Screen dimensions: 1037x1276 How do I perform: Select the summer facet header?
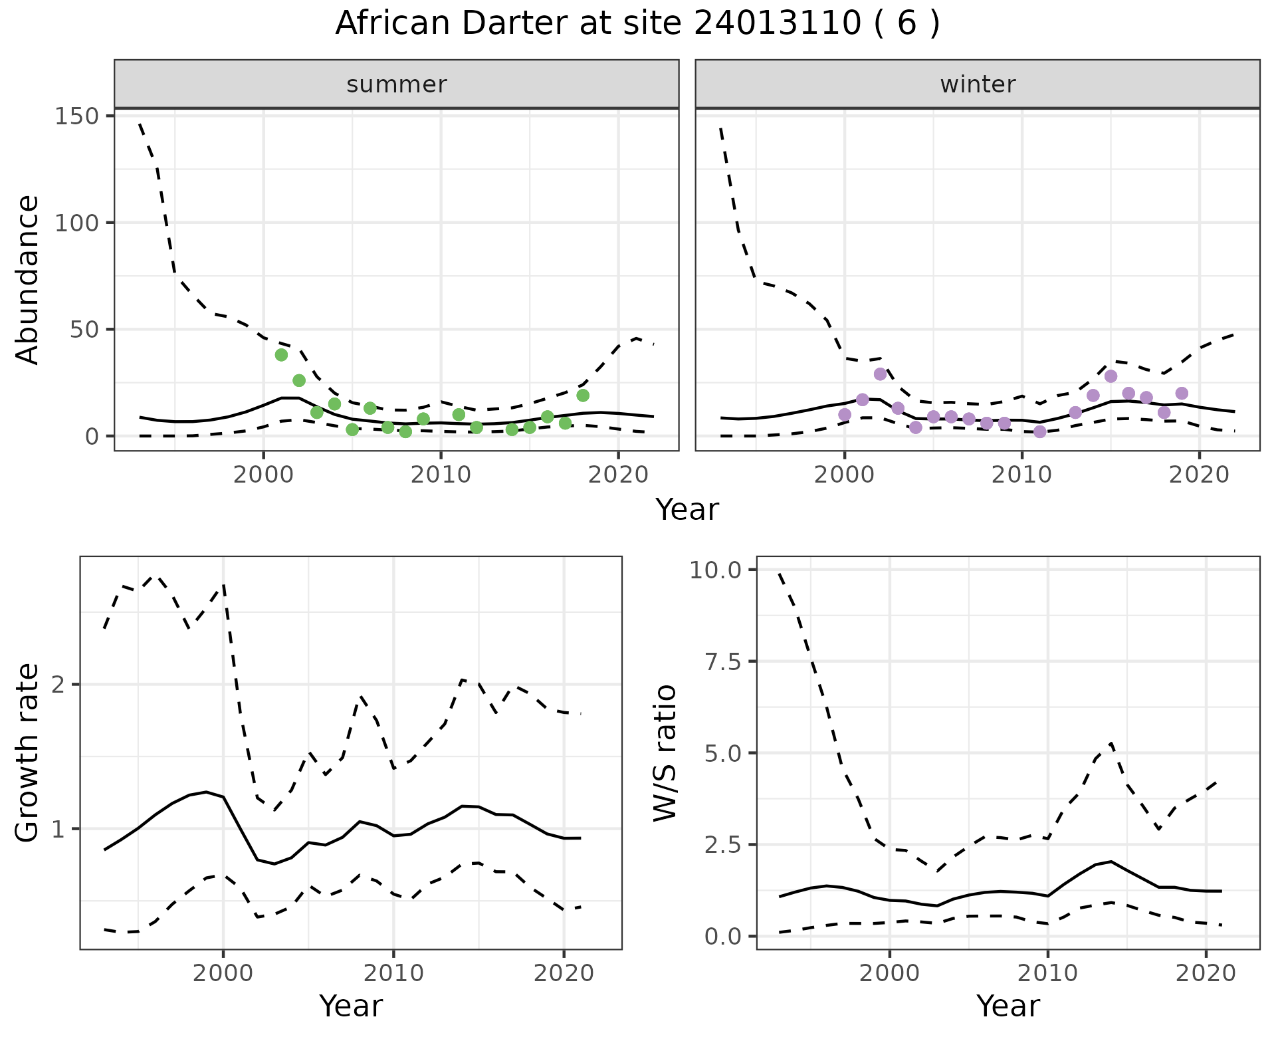[x=397, y=84]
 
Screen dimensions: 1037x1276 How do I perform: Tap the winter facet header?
[x=978, y=84]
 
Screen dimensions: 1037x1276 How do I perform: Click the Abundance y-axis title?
[x=28, y=279]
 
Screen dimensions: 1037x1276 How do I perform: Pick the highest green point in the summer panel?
[x=281, y=355]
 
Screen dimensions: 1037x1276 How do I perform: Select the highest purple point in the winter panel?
[x=881, y=374]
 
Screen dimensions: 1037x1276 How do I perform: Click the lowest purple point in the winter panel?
[x=1040, y=432]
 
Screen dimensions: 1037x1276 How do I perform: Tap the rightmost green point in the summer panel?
[x=583, y=396]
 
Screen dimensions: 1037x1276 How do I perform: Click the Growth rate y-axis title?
[x=28, y=753]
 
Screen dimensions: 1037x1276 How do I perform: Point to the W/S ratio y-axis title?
[x=665, y=753]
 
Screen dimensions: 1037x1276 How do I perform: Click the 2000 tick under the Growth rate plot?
[x=223, y=974]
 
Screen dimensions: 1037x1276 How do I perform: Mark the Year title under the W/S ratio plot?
[x=1008, y=1006]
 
